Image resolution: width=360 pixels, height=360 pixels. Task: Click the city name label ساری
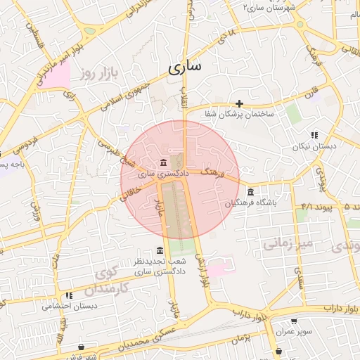(185, 67)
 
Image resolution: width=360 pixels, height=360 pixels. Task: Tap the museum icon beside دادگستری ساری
(163, 161)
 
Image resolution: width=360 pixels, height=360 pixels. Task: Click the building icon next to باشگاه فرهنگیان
(251, 193)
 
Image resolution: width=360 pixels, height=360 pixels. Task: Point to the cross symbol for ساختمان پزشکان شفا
(240, 103)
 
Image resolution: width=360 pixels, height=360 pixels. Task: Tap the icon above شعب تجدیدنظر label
(160, 251)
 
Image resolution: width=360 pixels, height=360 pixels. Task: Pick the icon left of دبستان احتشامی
(69, 296)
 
